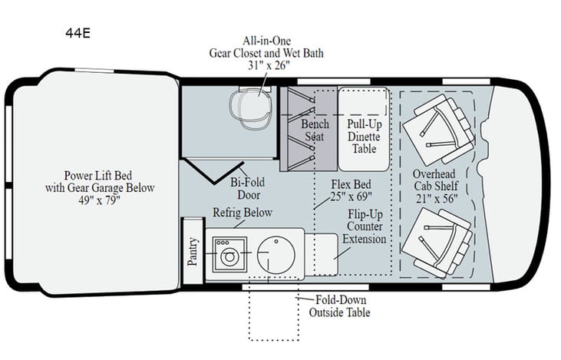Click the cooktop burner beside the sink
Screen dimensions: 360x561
tap(229, 254)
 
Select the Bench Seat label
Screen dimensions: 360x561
tap(315, 130)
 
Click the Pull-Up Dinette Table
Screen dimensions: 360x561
tap(364, 135)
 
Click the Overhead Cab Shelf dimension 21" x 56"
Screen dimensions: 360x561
tap(436, 199)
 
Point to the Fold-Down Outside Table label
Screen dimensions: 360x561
tap(339, 306)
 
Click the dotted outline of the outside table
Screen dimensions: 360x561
tap(273, 338)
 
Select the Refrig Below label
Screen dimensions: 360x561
tap(242, 213)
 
